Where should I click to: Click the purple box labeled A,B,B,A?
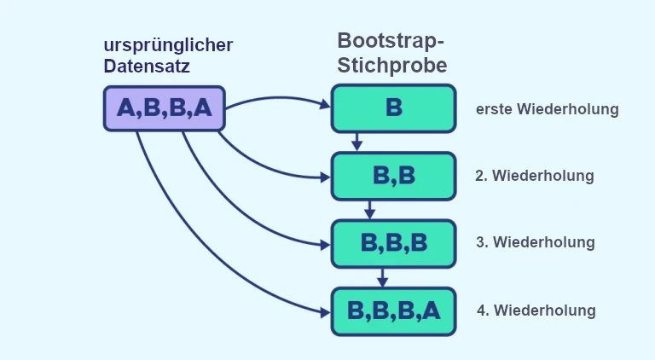[164, 108]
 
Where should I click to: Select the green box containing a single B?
[393, 108]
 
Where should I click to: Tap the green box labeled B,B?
[393, 176]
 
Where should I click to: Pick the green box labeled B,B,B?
[393, 243]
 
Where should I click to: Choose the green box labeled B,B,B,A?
[393, 311]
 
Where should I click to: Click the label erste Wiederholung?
[547, 109]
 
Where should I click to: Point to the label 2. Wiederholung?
[534, 177]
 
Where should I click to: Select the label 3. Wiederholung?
[535, 242]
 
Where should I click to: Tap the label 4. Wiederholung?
[536, 310]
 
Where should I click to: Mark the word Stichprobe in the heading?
[391, 65]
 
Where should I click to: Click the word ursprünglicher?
[168, 44]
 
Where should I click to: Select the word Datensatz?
[147, 65]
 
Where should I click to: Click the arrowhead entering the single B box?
[325, 106]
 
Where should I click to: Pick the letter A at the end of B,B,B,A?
[431, 311]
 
